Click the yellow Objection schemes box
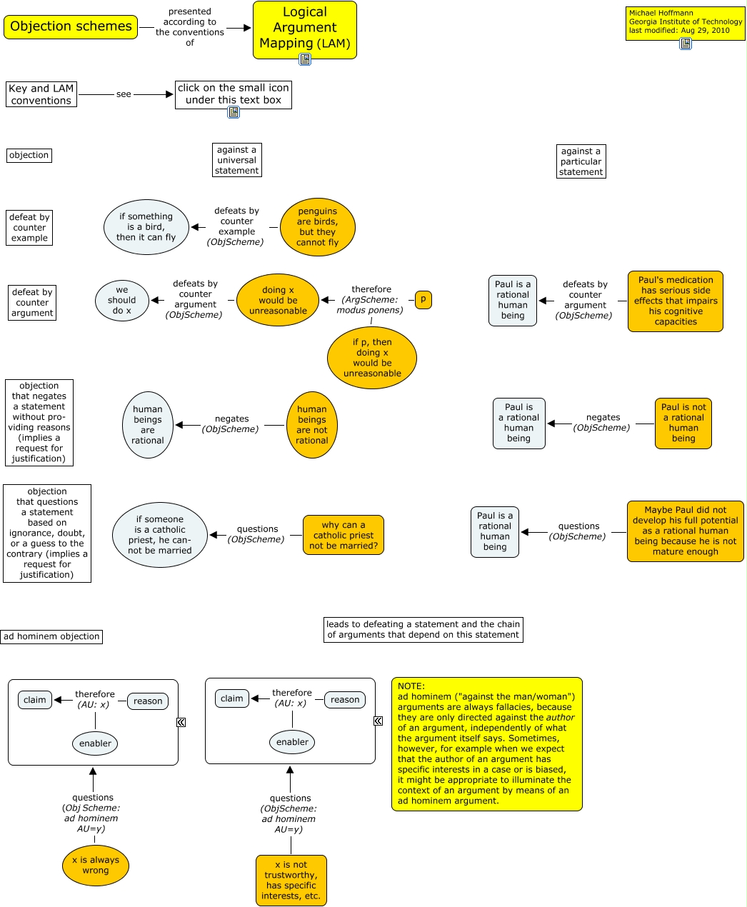point(71,27)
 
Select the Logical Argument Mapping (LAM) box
point(304,29)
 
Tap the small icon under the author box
point(686,44)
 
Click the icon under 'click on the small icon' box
point(234,112)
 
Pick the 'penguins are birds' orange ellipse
point(318,227)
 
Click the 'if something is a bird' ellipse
point(146,227)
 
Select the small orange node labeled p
point(423,300)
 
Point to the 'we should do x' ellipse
point(122,300)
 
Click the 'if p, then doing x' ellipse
point(372,358)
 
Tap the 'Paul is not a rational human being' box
point(683,424)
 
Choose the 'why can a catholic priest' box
point(344,535)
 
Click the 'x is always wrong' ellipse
point(96,866)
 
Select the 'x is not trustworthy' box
point(291,880)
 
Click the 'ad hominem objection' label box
point(51,636)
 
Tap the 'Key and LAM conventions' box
point(41,94)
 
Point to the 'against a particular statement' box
point(581,161)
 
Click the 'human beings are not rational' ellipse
point(312,425)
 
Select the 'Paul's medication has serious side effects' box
point(676,301)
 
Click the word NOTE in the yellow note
point(411,686)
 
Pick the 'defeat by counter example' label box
point(30,228)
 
